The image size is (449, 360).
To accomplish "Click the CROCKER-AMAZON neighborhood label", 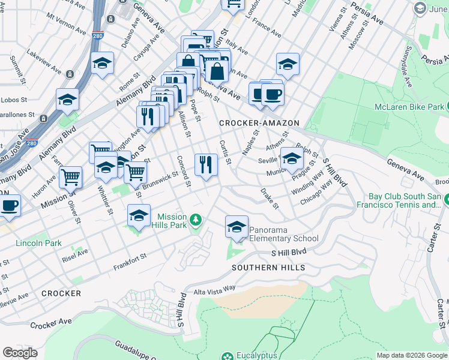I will [259, 123].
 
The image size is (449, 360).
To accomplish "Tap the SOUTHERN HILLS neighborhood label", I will [268, 268].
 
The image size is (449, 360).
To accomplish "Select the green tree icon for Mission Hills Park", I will [194, 221].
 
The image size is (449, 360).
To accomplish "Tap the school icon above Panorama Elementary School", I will [237, 227].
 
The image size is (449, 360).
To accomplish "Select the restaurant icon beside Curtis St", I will [206, 164].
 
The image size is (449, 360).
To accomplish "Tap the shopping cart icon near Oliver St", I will [71, 177].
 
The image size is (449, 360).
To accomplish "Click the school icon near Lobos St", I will [68, 99].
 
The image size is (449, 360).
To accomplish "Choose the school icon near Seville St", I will [292, 158].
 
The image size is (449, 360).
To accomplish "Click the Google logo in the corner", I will [20, 352].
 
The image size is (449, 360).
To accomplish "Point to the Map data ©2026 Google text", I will [412, 355].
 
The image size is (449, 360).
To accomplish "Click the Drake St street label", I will [270, 199].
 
